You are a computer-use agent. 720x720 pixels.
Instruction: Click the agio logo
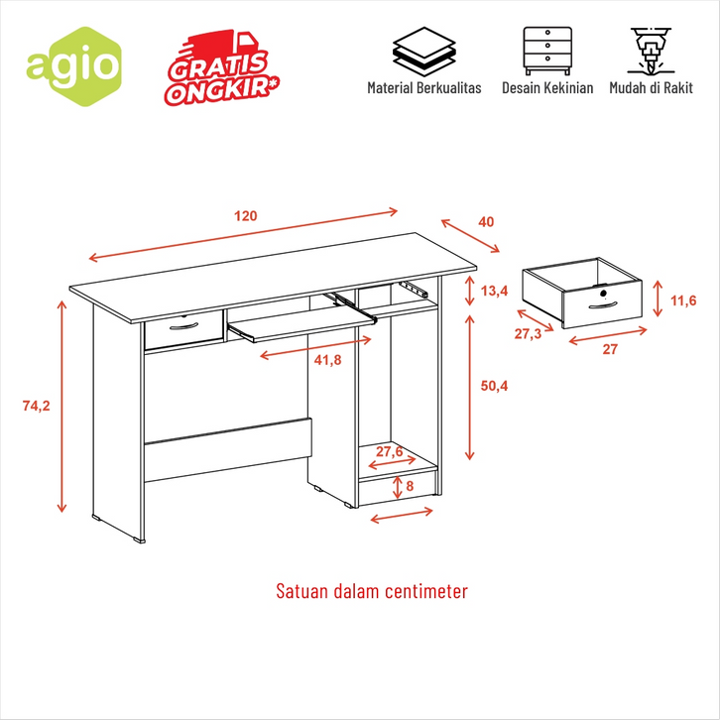pyautogui.click(x=74, y=66)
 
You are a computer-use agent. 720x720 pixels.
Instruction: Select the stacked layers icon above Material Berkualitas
pyautogui.click(x=423, y=52)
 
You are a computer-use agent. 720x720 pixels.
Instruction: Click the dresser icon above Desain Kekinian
pyautogui.click(x=547, y=51)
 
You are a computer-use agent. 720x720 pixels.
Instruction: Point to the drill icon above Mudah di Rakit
pyautogui.click(x=651, y=51)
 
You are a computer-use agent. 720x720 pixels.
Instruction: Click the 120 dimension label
pyautogui.click(x=246, y=216)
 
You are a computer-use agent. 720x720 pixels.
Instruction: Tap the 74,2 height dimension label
pyautogui.click(x=37, y=406)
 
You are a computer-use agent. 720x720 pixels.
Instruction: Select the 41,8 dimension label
pyautogui.click(x=328, y=360)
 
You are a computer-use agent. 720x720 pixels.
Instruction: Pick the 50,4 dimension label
pyautogui.click(x=494, y=386)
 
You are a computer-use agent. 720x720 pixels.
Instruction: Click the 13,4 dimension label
pyautogui.click(x=494, y=291)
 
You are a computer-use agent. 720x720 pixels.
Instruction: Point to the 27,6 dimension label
pyautogui.click(x=390, y=452)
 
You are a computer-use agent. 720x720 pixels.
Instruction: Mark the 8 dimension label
pyautogui.click(x=410, y=486)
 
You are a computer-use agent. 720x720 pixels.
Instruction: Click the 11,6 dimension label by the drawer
pyautogui.click(x=683, y=300)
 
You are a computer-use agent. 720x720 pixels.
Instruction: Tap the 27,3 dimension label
pyautogui.click(x=528, y=334)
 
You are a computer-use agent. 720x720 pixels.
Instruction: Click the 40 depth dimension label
pyautogui.click(x=486, y=222)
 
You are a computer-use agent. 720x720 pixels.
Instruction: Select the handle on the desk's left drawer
pyautogui.click(x=183, y=326)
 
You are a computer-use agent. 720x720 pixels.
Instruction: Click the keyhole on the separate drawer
pyautogui.click(x=603, y=294)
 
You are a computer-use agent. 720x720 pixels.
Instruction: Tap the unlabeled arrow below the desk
pyautogui.click(x=402, y=515)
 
